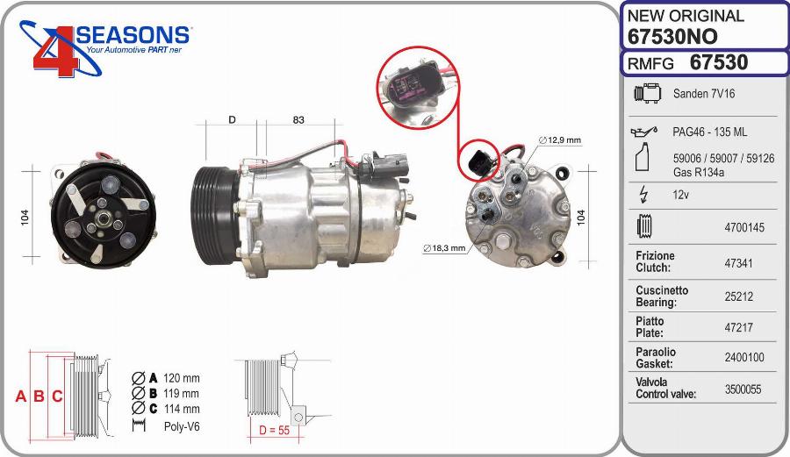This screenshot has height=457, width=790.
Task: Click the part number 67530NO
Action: coord(672,37)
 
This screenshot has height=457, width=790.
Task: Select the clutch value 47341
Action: coord(738,263)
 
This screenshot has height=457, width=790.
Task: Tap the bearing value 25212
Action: coord(738,296)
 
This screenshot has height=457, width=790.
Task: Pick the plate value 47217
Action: coord(738,328)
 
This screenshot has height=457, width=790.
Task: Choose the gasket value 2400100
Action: coord(744,357)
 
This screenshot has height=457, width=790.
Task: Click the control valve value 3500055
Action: coord(743,389)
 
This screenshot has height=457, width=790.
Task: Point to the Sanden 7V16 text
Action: coord(704,94)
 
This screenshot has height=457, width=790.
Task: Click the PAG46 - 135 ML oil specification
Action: coord(709,132)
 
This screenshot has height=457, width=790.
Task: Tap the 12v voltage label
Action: coord(680,194)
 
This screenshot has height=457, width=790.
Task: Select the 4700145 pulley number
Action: coord(744,227)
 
